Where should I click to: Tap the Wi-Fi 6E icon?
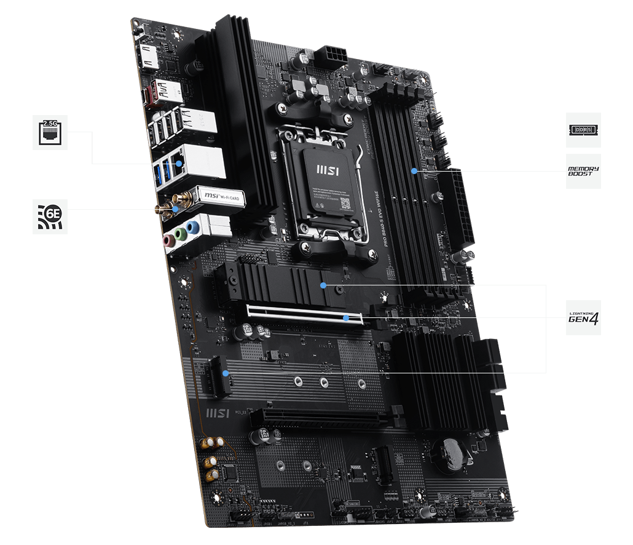coord(50,216)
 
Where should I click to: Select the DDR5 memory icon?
coord(583,130)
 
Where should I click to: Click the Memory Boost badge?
coord(583,172)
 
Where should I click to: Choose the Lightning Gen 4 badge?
coord(583,318)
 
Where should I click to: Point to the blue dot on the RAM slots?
coord(415,170)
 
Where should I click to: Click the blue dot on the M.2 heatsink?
coord(324,285)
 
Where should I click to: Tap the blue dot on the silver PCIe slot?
coord(347,318)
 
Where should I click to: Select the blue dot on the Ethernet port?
coord(178,164)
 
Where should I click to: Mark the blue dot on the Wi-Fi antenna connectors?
coord(176,209)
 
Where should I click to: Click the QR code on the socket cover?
coord(345,203)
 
